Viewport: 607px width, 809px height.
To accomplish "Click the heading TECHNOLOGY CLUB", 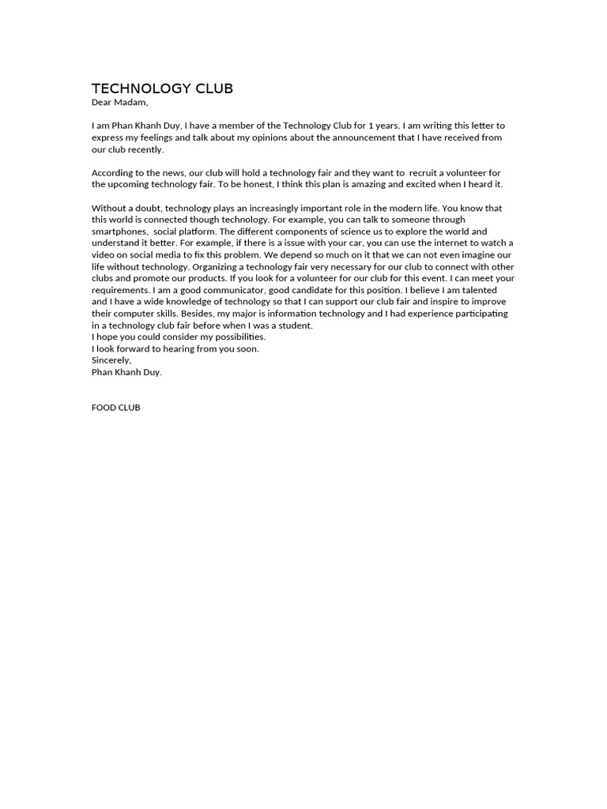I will tap(162, 88).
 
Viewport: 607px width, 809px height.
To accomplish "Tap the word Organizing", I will tap(219, 266).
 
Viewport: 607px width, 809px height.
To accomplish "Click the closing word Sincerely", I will tap(111, 360).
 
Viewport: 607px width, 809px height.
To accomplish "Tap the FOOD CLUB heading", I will tap(116, 408).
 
